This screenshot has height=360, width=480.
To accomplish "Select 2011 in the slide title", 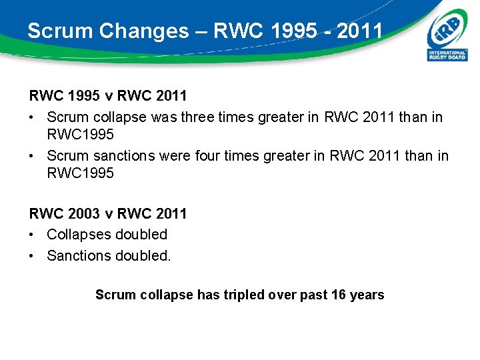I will [360, 31].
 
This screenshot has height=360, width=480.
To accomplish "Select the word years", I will [367, 295].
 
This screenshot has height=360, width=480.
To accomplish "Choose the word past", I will [311, 295].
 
